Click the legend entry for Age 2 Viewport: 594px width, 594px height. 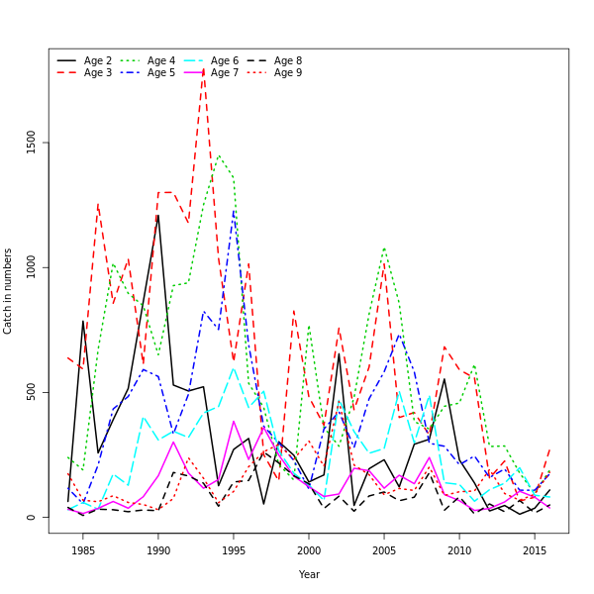tap(98, 61)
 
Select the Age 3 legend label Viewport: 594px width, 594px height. tap(98, 73)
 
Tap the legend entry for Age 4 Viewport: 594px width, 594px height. tap(161, 61)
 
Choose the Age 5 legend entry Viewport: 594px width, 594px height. tap(161, 73)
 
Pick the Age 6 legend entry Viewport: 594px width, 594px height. tap(225, 61)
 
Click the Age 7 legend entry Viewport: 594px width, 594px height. tap(225, 73)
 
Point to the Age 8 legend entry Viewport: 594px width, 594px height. tap(288, 61)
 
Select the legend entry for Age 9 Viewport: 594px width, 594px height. tap(288, 73)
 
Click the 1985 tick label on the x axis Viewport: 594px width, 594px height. tap(83, 550)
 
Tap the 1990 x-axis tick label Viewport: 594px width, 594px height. tap(158, 550)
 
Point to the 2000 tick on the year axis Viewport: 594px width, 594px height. tap(309, 550)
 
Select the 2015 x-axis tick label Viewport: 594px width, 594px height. tap(535, 550)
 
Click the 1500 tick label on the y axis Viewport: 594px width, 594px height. tap(32, 143)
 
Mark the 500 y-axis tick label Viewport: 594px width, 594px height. tap(32, 392)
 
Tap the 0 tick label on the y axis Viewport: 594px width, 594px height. tap(32, 517)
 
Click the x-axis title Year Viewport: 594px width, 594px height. tap(309, 574)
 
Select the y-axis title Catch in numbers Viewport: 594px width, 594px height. tap(9, 291)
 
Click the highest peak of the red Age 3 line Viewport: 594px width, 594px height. tap(203, 68)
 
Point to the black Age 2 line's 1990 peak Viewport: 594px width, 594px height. tap(157, 215)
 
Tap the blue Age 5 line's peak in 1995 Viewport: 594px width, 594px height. tap(234, 210)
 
